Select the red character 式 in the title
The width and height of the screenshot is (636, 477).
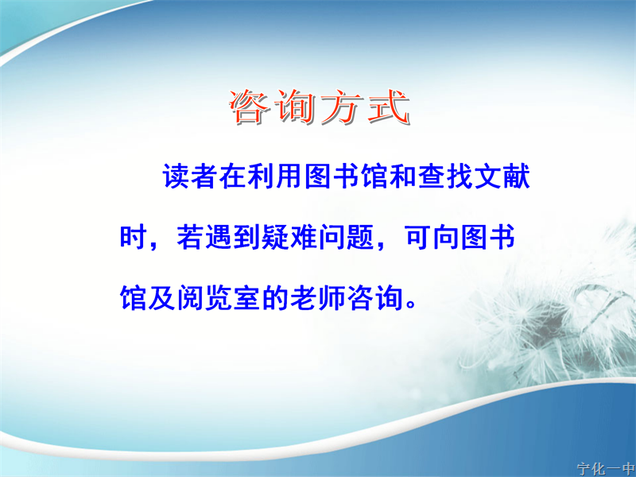387,107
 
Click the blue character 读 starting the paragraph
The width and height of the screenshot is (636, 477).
176,176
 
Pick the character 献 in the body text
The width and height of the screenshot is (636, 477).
516,176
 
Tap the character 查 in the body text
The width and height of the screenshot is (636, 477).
431,176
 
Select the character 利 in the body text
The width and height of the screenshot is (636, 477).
262,176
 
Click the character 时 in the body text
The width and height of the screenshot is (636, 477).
133,237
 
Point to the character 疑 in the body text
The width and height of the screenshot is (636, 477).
275,237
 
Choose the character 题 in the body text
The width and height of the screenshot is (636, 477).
360,237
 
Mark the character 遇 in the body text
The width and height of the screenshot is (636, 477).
218,237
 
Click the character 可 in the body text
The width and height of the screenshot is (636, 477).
418,237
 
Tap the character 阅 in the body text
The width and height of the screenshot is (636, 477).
190,297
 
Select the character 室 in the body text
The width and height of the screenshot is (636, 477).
246,297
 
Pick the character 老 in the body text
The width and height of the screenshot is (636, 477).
304,297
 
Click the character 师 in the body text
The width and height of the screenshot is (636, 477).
332,297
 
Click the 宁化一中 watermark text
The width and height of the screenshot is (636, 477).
607,469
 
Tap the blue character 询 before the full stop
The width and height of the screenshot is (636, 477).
389,297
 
